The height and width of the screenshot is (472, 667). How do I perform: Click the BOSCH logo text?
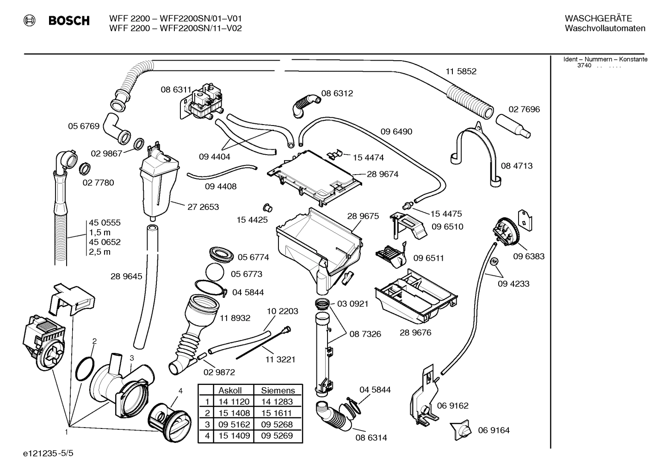click(69, 21)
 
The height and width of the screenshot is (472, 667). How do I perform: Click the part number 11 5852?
click(461, 71)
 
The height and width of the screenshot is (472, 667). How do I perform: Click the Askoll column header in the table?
click(230, 390)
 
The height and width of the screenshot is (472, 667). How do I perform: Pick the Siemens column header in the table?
click(278, 390)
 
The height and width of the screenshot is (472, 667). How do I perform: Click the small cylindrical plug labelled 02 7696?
click(513, 126)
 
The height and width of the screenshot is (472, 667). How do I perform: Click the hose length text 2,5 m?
click(99, 252)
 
